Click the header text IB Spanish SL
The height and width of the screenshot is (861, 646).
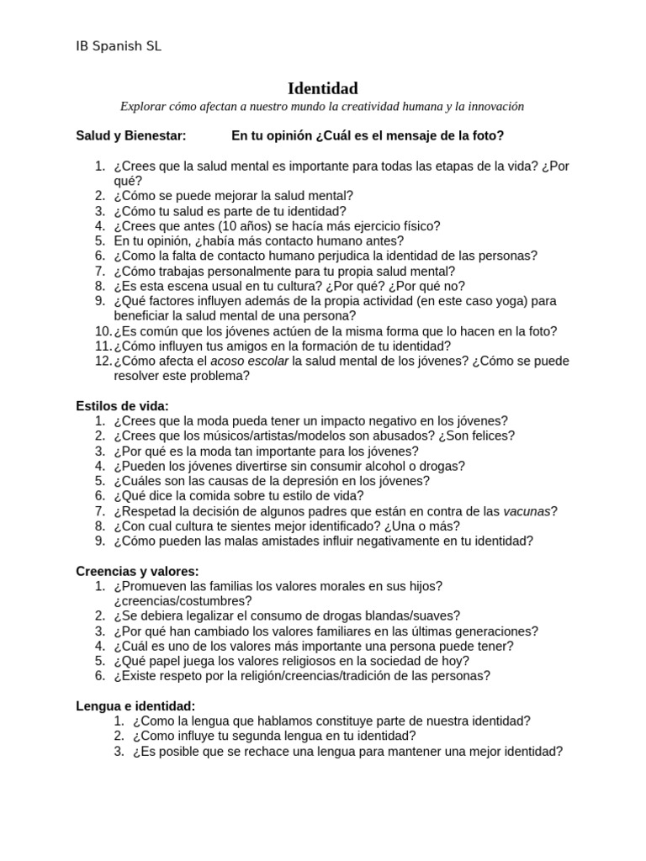tap(119, 46)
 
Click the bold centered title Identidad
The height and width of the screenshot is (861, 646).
tap(323, 88)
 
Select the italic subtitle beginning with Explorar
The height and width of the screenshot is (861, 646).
tap(322, 107)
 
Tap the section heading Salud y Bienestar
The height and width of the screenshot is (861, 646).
tap(131, 135)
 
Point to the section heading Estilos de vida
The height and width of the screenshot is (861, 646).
tap(122, 406)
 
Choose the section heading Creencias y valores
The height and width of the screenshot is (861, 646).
tap(137, 571)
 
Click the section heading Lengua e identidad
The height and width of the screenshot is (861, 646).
tap(135, 706)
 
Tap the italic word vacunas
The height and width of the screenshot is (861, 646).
tap(527, 511)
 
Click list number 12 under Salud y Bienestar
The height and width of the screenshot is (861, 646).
tap(102, 361)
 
